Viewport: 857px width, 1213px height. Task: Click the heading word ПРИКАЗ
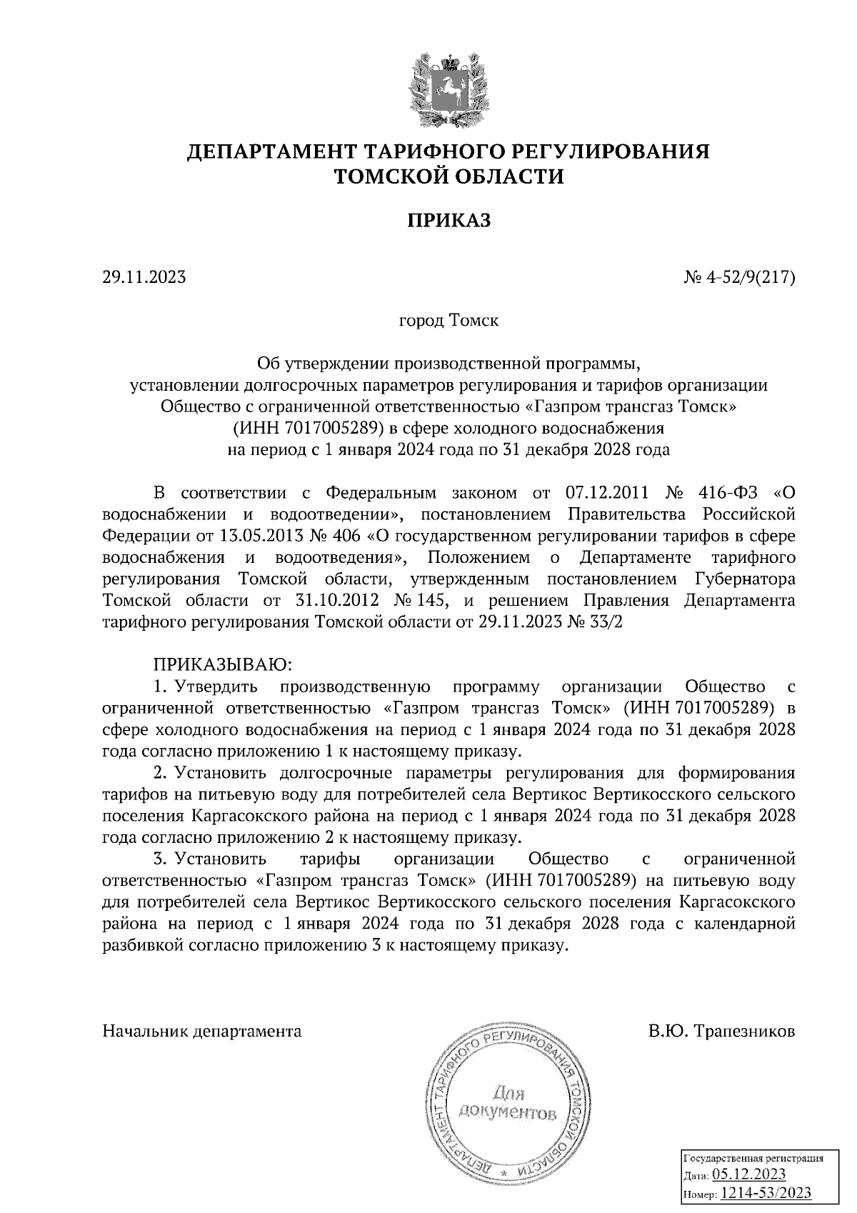coord(449,221)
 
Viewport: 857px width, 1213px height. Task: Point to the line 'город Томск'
coord(448,320)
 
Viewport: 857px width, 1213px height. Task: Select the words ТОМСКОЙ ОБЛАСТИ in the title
coord(449,176)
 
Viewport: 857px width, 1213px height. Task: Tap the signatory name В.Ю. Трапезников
coord(722,1032)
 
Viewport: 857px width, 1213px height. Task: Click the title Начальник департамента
coord(202,1032)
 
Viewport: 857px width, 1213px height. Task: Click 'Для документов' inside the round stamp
coord(508,1103)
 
